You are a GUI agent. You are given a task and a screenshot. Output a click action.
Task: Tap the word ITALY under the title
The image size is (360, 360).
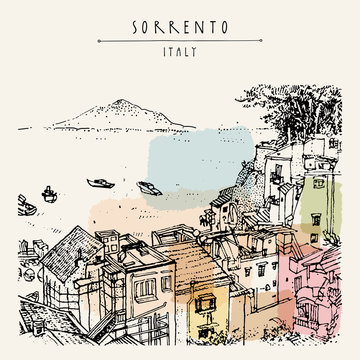pyautogui.click(x=179, y=51)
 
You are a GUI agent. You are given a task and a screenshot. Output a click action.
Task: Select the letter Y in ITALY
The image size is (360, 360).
pyautogui.click(x=197, y=51)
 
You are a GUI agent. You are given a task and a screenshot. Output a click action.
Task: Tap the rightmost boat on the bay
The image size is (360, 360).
pyautogui.click(x=148, y=187)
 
